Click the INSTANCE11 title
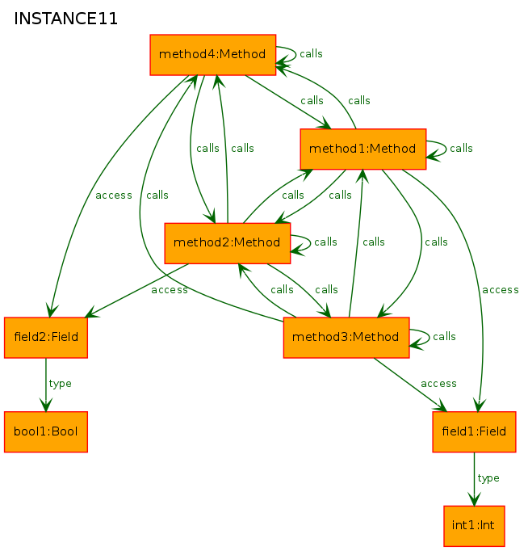click(x=65, y=19)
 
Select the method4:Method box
click(x=213, y=55)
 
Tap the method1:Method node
click(x=363, y=149)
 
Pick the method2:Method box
click(x=228, y=243)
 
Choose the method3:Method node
click(x=346, y=338)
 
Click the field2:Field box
click(x=46, y=338)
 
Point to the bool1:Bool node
click(x=46, y=432)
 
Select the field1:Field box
click(x=474, y=432)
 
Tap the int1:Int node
click(x=474, y=526)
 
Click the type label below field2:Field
click(x=61, y=384)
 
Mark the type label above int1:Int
click(x=488, y=478)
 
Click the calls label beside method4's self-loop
click(x=311, y=54)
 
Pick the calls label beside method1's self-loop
click(x=461, y=149)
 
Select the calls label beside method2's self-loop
click(x=326, y=242)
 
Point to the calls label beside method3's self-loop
click(x=445, y=337)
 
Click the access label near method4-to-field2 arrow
click(x=114, y=196)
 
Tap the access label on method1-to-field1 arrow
click(x=501, y=290)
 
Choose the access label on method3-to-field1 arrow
click(x=439, y=384)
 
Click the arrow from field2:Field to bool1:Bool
click(x=46, y=385)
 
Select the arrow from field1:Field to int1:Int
click(x=474, y=479)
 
